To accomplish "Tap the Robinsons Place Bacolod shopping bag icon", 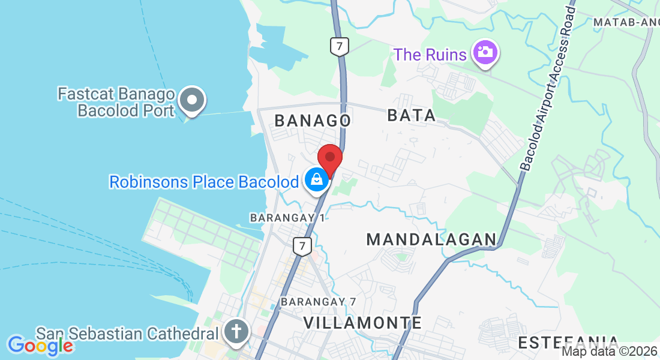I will pos(316,179).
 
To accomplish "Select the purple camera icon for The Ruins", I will pos(485,52).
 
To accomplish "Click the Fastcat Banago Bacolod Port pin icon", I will pos(193,101).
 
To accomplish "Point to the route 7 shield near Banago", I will pos(340,46).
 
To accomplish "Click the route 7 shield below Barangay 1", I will pos(303,245).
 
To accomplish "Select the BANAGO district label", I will pos(313,120).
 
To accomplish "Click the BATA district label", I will pos(412,115).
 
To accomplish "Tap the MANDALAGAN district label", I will pos(431,239).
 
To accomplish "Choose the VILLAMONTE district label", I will pos(362,322).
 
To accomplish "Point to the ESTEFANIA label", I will pos(568,343).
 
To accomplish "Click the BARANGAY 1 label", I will pos(287,217).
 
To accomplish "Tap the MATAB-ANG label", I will pos(626,22).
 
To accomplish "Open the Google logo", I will pos(40,345).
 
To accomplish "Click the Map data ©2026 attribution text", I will pos(610,351).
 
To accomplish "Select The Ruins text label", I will pos(430,55).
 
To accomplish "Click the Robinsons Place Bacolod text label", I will pos(203,181).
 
